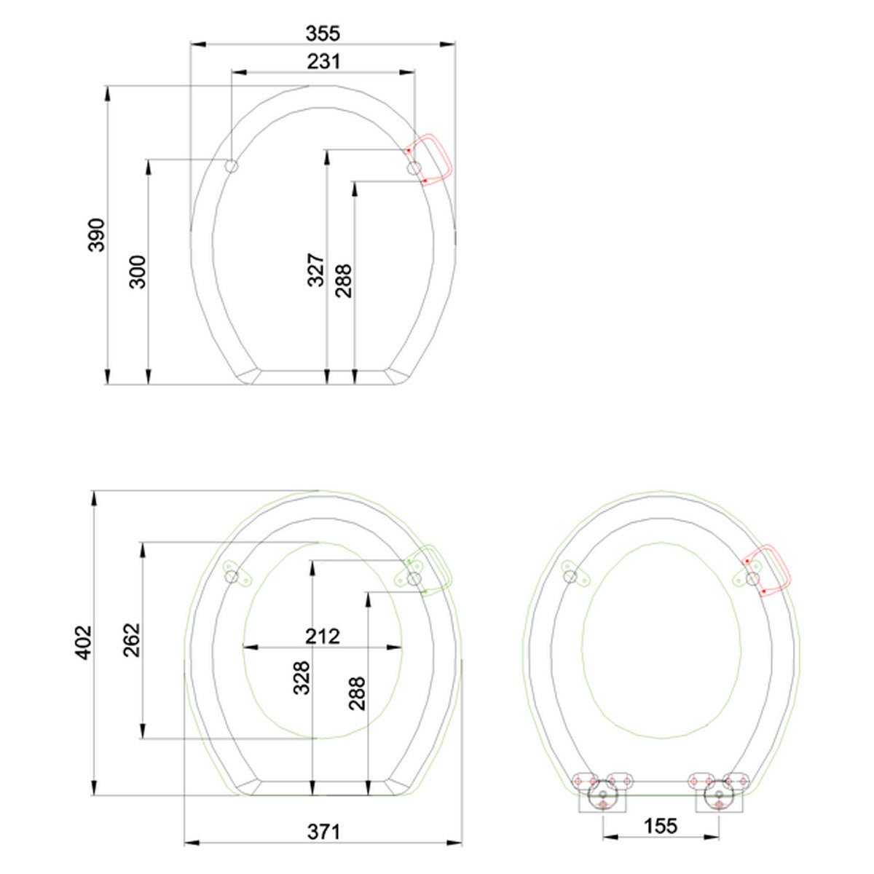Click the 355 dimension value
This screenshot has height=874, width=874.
coord(323,34)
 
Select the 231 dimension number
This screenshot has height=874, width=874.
coord(323,62)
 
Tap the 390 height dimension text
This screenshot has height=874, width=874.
coord(96,235)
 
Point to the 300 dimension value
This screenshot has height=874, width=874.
coord(138,272)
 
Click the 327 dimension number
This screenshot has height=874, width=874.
coord(316,270)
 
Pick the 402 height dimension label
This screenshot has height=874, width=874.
coord(82,642)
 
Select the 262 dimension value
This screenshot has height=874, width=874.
coord(132,640)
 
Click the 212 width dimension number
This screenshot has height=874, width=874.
coord(322,637)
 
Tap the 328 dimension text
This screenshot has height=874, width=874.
coord(302,678)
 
